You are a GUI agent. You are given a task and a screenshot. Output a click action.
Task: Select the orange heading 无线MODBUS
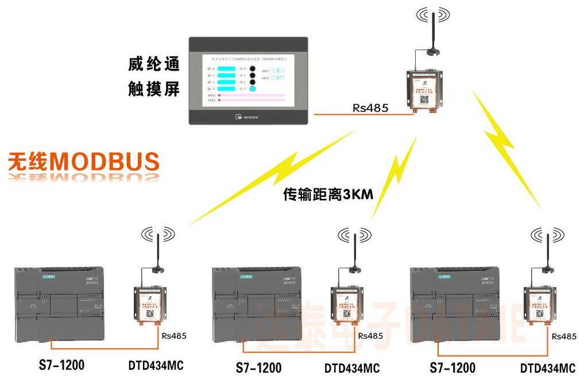tap(84, 162)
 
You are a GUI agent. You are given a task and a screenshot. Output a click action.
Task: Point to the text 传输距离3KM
tap(328, 195)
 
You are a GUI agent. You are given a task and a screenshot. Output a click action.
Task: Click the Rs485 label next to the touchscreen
tap(370, 108)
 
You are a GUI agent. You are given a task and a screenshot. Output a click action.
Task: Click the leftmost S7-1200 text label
tap(62, 365)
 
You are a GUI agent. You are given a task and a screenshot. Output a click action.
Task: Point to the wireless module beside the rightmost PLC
tap(542, 304)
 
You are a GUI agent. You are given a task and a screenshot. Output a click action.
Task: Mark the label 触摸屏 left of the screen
tap(154, 89)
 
